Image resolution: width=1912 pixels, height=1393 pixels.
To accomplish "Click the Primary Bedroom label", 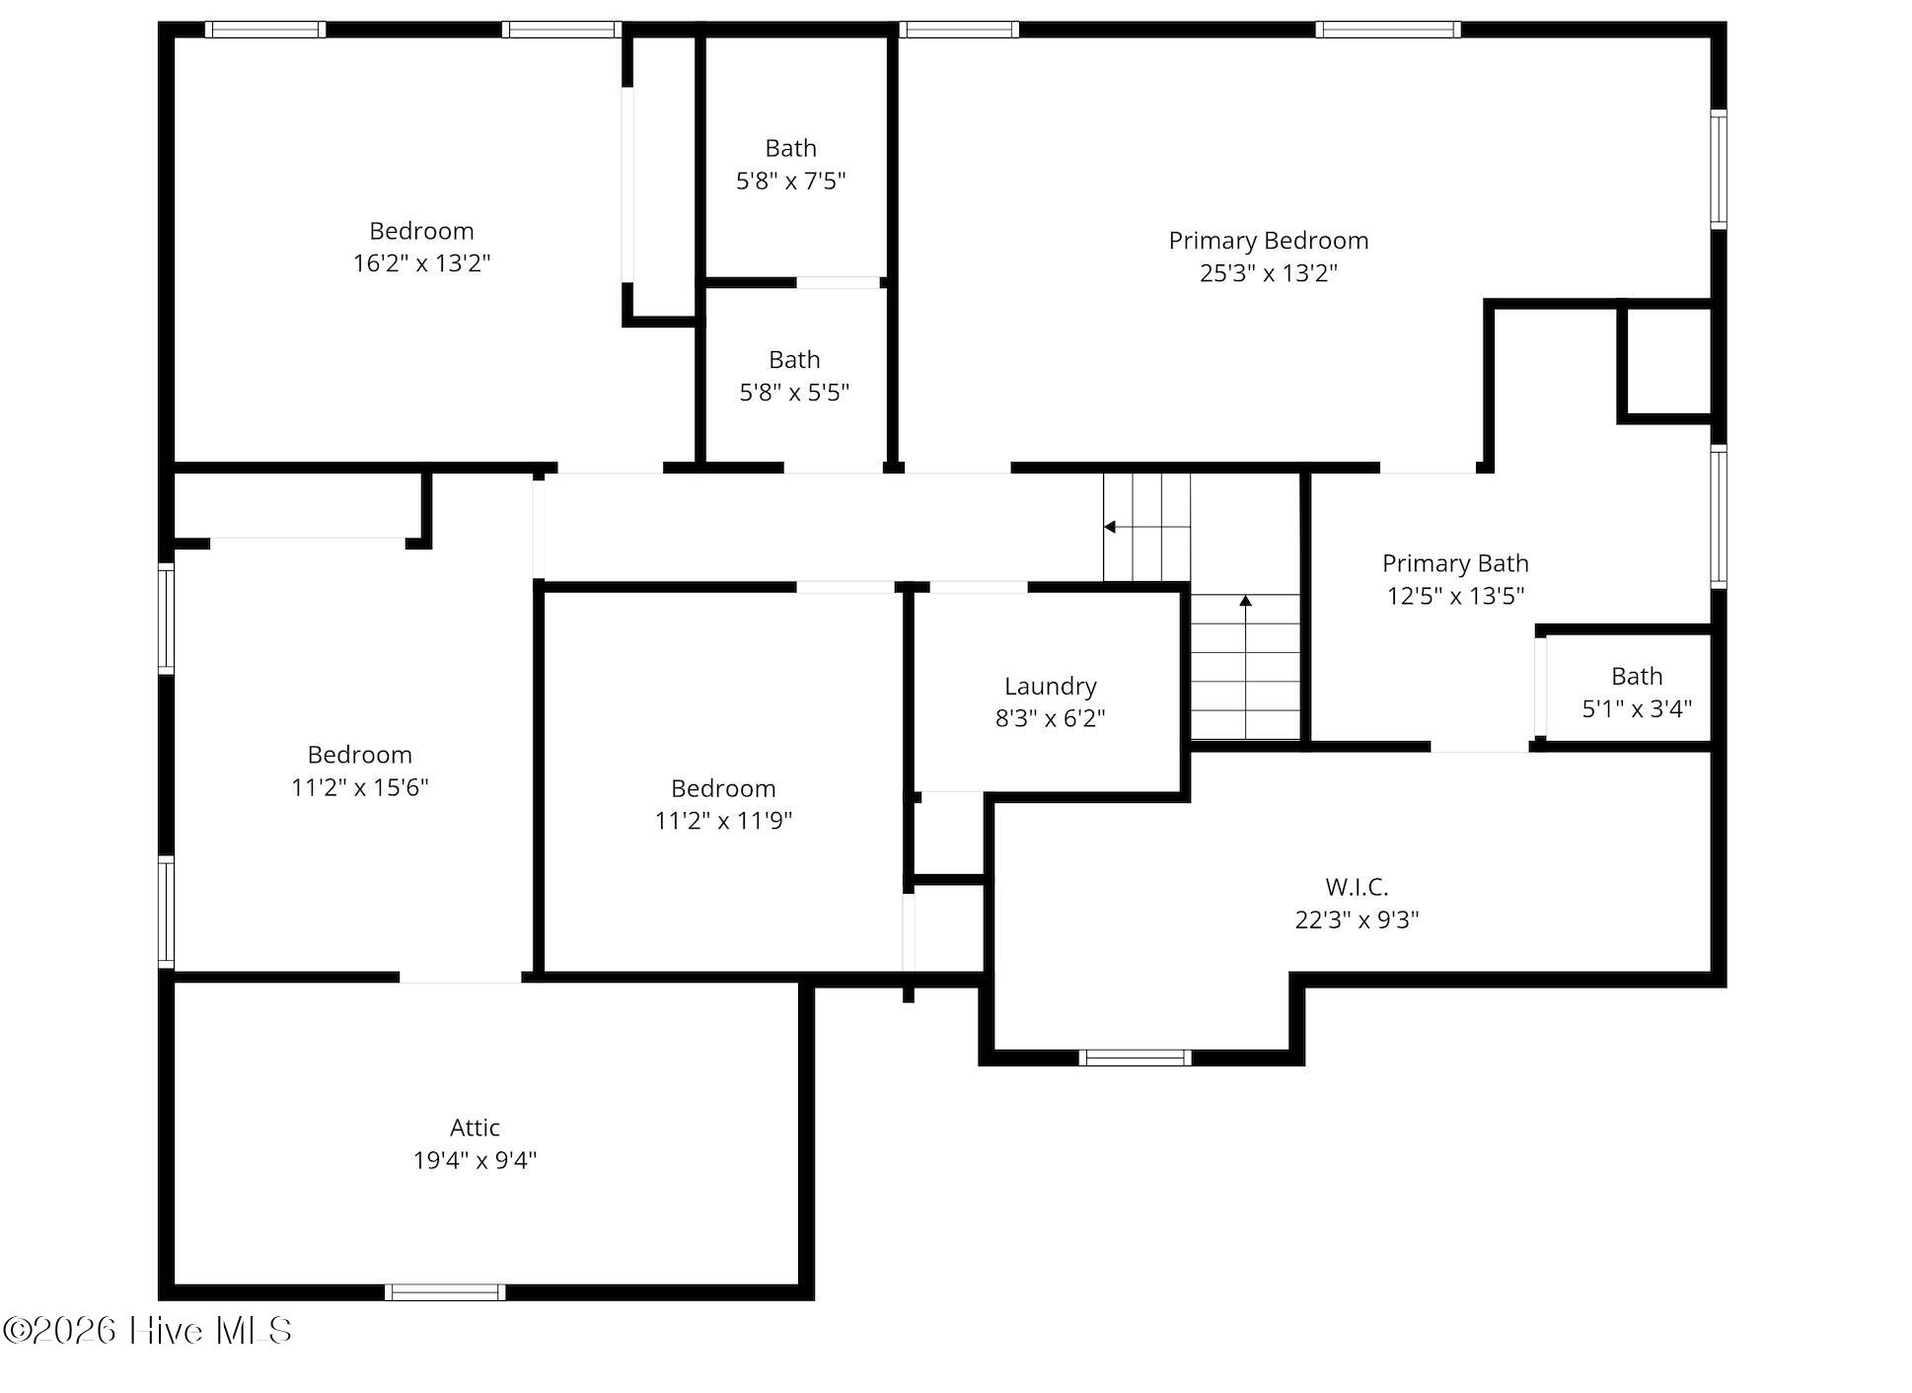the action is (1268, 241).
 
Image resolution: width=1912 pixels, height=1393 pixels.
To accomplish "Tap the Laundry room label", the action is (1050, 687).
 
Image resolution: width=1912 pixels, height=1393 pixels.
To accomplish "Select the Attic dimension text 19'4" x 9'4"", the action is (475, 1160).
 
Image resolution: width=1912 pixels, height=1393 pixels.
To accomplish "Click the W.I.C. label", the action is (1357, 887).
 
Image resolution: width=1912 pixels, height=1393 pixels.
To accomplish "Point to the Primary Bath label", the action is (1455, 563).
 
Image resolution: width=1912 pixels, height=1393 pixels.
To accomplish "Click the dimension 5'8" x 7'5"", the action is (791, 181).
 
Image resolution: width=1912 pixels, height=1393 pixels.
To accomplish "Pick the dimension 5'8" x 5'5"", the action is (794, 393).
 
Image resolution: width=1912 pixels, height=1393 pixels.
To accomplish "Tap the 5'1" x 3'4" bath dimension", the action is (1637, 708).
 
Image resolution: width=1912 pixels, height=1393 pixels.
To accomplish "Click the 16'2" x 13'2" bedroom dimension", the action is (421, 263).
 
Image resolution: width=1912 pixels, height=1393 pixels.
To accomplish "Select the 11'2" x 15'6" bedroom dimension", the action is (359, 787).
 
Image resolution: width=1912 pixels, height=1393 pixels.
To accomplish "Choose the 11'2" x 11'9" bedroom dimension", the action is (723, 821).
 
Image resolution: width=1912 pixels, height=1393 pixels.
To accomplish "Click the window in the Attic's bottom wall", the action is (445, 1292).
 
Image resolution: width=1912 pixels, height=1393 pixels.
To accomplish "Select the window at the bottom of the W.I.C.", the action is (1135, 1058).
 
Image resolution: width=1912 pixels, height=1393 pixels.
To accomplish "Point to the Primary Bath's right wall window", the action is (1719, 517).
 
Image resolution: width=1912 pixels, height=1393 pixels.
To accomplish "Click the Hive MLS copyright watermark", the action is (147, 1331).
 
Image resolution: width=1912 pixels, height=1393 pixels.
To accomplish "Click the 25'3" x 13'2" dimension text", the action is (1268, 273).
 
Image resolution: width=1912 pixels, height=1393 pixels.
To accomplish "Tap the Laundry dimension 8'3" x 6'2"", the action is (1050, 718).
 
